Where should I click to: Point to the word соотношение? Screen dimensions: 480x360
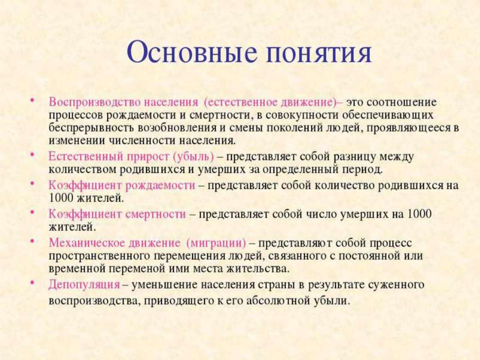401,102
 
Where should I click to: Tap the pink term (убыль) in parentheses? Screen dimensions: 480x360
193,157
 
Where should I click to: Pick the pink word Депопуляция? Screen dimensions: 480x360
84,285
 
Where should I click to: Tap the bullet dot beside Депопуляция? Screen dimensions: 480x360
31,282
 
